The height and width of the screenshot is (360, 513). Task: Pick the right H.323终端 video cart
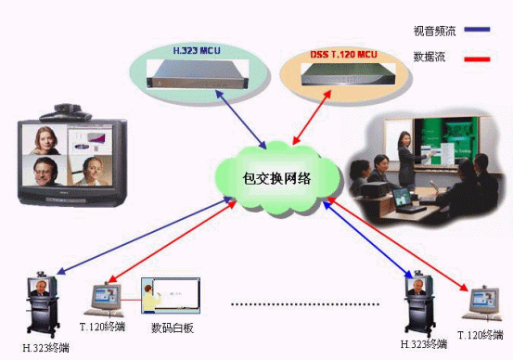(x=417, y=304)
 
